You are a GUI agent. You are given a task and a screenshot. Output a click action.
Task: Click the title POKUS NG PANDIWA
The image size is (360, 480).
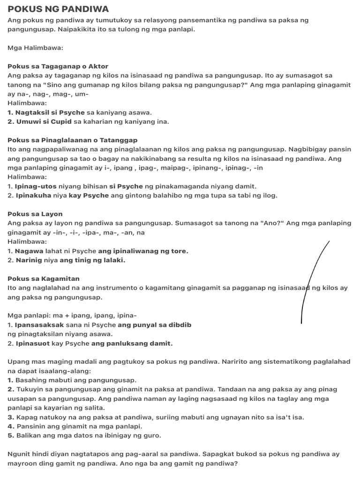[58, 9]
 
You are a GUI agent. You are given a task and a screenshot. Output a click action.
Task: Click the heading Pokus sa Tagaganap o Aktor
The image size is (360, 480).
[58, 66]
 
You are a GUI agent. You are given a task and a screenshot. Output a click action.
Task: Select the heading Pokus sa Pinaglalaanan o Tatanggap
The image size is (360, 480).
[72, 140]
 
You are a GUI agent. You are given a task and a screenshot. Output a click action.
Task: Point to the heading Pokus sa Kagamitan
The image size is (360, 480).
[44, 278]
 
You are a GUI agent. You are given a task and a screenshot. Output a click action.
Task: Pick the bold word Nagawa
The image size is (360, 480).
[29, 251]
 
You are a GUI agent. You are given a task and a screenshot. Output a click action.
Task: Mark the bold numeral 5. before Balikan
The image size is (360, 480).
[11, 435]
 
